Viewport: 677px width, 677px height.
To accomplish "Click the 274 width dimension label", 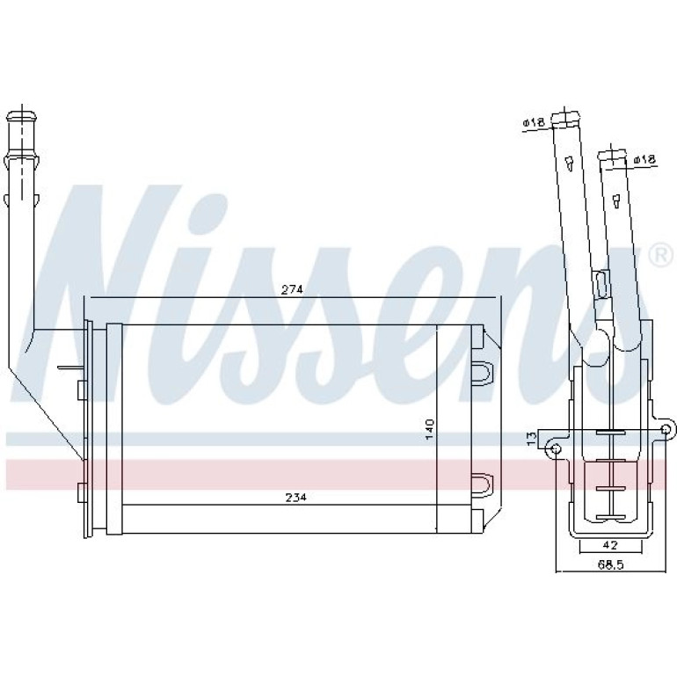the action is (292, 289).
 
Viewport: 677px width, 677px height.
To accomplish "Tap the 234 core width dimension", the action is (295, 498).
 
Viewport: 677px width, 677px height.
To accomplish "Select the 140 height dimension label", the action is (430, 429).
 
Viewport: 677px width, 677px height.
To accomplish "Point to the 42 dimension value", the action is (609, 545).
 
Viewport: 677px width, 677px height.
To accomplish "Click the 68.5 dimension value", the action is (609, 564).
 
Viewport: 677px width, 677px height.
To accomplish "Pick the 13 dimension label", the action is (532, 437).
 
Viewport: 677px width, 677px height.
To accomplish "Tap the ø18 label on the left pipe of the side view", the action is (533, 122).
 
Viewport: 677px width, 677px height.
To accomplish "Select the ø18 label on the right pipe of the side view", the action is (645, 160).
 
